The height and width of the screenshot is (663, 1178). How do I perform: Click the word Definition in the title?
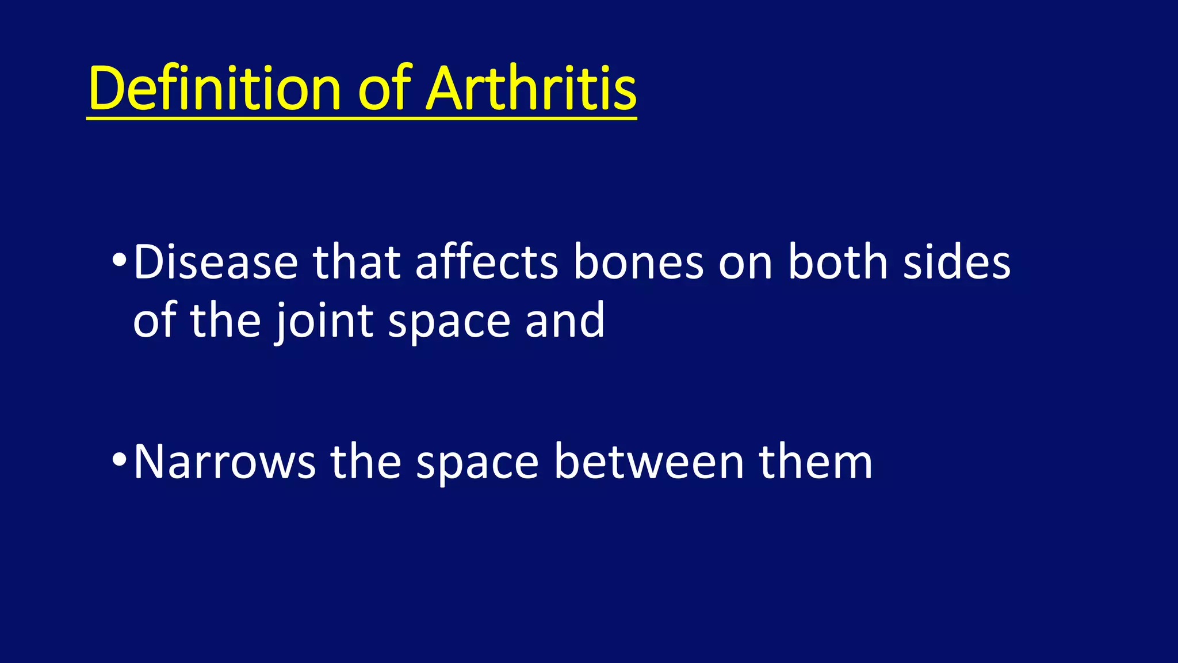point(215,89)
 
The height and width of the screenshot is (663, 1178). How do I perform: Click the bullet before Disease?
point(119,260)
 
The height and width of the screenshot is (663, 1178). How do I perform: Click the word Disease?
point(215,262)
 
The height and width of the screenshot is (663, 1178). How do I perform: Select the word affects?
point(486,262)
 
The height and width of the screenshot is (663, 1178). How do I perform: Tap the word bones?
point(638,262)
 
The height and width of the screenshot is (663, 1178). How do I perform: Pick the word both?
point(837,262)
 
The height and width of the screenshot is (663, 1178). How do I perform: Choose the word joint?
point(323,321)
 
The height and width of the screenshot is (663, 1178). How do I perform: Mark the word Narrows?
point(224,462)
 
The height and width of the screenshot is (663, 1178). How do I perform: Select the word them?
point(815,462)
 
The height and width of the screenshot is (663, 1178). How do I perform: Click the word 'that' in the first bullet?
point(356,262)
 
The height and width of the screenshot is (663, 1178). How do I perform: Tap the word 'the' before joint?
point(225,321)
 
